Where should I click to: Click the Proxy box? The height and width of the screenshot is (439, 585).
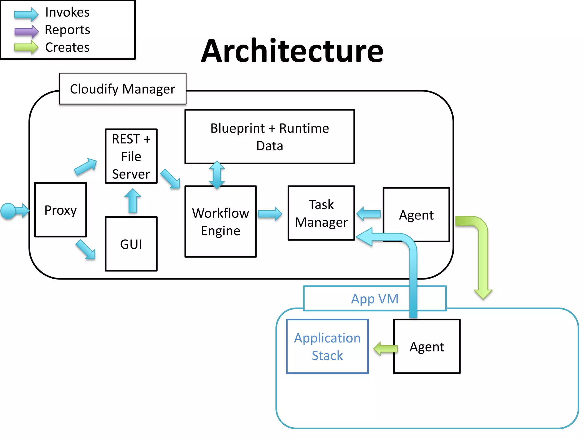click(x=61, y=210)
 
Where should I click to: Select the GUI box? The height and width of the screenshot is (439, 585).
click(x=131, y=244)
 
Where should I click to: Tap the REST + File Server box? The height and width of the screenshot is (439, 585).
click(x=131, y=156)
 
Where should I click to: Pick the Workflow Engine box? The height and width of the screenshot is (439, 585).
click(x=221, y=222)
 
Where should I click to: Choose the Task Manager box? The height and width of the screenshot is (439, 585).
click(x=321, y=213)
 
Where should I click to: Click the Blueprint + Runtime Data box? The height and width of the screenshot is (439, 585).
click(x=270, y=137)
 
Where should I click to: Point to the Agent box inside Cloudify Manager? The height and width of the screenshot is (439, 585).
click(x=416, y=214)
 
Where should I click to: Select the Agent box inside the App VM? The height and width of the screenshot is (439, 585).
click(x=427, y=346)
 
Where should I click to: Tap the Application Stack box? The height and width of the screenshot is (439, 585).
click(x=327, y=346)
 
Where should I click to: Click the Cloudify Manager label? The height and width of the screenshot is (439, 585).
click(x=123, y=89)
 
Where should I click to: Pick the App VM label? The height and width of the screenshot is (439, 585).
click(x=375, y=299)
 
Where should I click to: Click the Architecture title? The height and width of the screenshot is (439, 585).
click(x=292, y=51)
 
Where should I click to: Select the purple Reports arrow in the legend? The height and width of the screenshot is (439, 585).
click(x=26, y=31)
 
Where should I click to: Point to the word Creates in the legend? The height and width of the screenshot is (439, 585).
click(x=67, y=47)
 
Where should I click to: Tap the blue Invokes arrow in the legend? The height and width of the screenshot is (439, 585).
click(x=26, y=14)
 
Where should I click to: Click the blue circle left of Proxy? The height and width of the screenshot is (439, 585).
click(x=8, y=211)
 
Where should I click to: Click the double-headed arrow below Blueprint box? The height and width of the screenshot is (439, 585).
click(x=217, y=175)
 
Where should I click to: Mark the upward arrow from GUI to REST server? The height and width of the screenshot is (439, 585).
click(x=133, y=201)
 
